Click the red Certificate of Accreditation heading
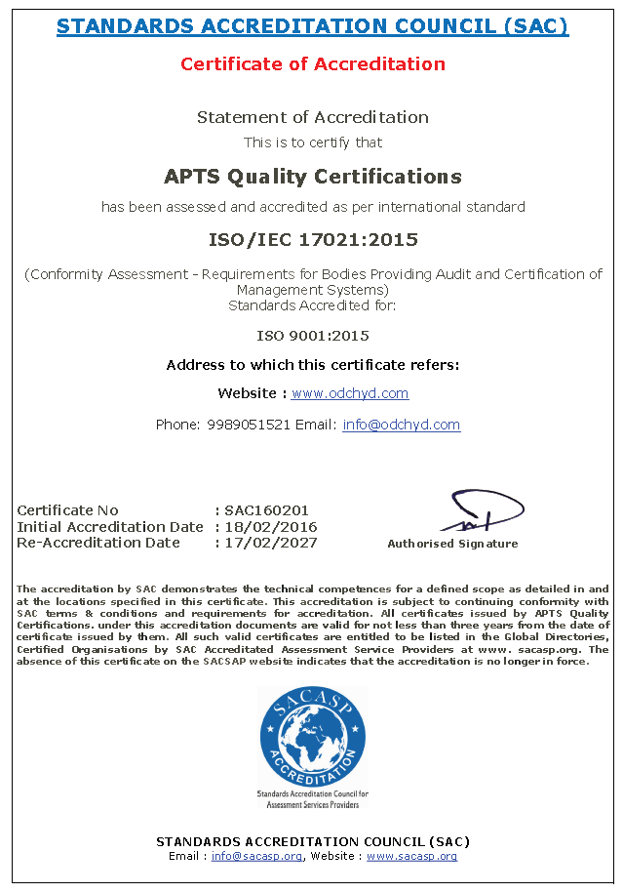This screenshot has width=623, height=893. (312, 64)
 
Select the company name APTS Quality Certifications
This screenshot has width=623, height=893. (312, 177)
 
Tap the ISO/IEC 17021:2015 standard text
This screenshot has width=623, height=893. (312, 239)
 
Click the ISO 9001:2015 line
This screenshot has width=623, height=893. (312, 336)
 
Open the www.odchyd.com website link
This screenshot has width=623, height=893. (350, 393)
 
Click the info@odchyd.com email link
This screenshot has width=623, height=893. (401, 425)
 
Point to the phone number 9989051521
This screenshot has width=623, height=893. (249, 425)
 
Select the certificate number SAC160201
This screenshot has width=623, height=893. (266, 510)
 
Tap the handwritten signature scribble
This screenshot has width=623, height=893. (478, 511)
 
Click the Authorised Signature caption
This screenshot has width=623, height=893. (452, 544)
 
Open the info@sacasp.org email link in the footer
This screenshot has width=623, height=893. (256, 856)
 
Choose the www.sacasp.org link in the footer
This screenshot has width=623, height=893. (411, 856)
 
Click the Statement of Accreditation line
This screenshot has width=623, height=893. (312, 117)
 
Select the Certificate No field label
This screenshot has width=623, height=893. (67, 510)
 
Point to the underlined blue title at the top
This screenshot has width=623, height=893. (312, 26)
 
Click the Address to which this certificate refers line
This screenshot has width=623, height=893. (312, 365)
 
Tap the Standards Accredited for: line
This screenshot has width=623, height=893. (312, 304)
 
